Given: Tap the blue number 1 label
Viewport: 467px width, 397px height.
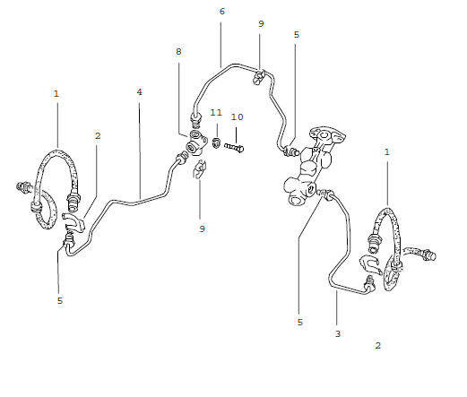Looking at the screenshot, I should pos(387,152).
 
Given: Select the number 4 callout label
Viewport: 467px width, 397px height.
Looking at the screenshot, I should pos(139,92).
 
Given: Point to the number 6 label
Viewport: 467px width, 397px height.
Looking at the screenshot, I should pos(221,12).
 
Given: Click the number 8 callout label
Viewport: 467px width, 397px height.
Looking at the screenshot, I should pos(178,52).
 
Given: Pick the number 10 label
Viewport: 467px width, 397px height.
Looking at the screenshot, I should pos(237,117).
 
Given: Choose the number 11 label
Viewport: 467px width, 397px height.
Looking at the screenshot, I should pos(215,113).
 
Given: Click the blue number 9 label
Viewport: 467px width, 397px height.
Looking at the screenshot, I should pos(203,229).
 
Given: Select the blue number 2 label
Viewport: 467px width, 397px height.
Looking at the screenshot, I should pos(378,345).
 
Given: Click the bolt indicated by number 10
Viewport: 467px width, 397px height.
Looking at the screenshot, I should pos(235,145).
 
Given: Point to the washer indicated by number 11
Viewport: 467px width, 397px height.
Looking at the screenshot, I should pos(216,142).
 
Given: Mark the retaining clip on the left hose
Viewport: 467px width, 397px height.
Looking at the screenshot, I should pos(74,222).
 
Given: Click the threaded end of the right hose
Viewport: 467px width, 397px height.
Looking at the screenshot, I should pos(428,256).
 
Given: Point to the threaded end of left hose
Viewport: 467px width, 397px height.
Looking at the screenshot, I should pos(22,189).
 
